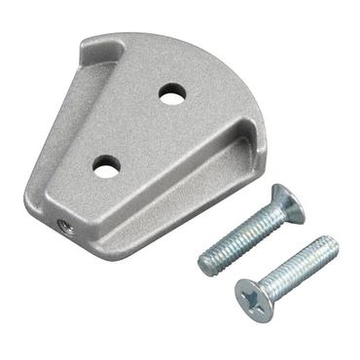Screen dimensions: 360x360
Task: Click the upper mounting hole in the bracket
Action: pos(172,94)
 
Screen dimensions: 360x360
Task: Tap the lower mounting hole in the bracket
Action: pos(107,164)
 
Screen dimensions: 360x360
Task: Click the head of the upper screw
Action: pos(290,202)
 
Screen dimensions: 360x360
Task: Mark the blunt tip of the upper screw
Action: pos(206,263)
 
